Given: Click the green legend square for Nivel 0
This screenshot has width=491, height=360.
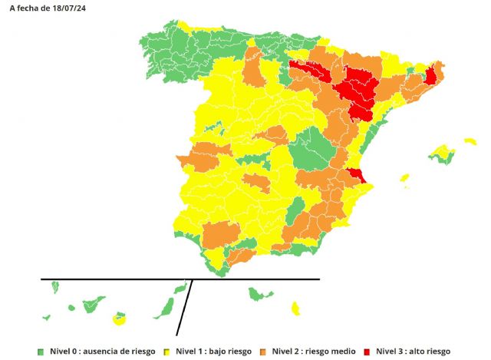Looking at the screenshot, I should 40,351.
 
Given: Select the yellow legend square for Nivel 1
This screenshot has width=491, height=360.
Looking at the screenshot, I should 166,351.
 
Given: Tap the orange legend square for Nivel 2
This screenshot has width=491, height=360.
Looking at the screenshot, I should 263,351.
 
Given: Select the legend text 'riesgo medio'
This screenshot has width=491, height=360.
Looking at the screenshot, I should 332,351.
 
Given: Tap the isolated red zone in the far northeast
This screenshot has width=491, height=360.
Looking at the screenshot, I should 430,75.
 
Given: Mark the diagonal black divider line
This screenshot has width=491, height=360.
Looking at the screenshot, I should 184,307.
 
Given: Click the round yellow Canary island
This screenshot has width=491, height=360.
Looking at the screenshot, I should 119,317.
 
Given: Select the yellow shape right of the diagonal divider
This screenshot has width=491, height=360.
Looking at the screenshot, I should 295,309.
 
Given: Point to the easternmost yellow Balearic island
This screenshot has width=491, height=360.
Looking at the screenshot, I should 470,141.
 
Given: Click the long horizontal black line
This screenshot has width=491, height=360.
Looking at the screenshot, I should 115,279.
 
